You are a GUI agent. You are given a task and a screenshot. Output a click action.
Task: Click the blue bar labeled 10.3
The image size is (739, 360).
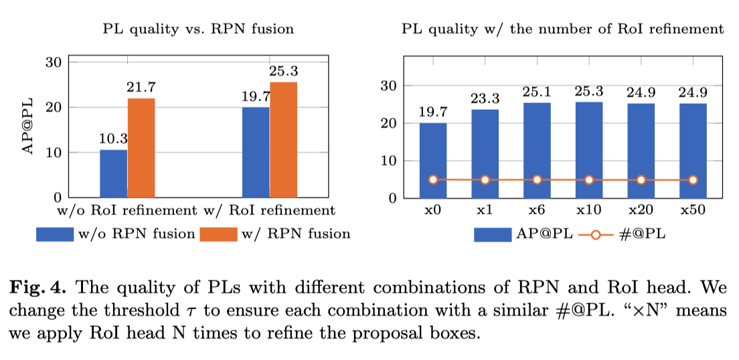pyautogui.click(x=113, y=174)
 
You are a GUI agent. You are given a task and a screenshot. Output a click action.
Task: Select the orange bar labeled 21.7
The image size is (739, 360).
pyautogui.click(x=141, y=148)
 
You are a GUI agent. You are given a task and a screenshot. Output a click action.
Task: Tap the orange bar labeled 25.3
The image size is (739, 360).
pyautogui.click(x=283, y=140)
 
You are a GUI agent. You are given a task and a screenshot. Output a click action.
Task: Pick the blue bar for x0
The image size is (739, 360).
pyautogui.click(x=433, y=161)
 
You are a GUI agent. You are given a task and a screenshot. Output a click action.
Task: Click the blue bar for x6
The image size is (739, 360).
pyautogui.click(x=537, y=151)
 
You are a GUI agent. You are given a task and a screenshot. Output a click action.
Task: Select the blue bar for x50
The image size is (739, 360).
pyautogui.click(x=693, y=151)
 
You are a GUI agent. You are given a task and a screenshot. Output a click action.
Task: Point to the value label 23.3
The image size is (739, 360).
pyautogui.click(x=485, y=98)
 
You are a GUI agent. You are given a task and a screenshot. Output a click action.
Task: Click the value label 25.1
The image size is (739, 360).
pyautogui.click(x=537, y=91)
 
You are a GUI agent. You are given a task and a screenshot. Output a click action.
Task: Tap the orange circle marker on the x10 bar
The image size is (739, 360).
pyautogui.click(x=589, y=180)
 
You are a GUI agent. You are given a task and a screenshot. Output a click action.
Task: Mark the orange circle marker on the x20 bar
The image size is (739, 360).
pyautogui.click(x=641, y=180)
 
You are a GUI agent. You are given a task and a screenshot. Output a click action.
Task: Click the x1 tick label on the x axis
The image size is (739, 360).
pyautogui.click(x=485, y=211)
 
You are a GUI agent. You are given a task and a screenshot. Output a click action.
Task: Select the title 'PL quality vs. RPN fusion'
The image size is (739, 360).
pyautogui.click(x=198, y=29)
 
